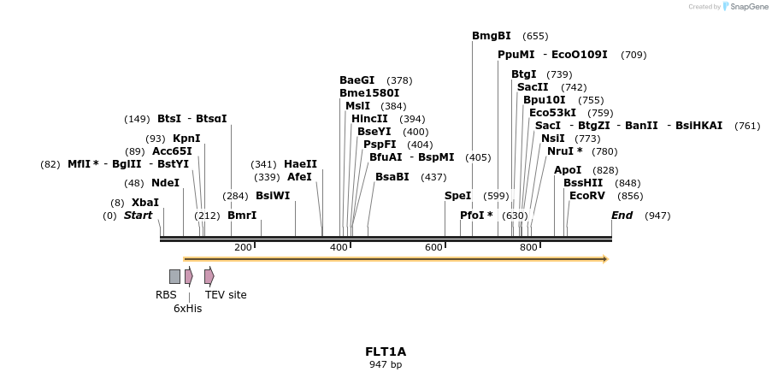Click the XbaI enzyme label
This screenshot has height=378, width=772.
(144, 203)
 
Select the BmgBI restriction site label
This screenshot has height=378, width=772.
(491, 36)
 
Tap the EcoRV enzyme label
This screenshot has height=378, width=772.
(586, 196)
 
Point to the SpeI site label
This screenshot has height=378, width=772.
(457, 196)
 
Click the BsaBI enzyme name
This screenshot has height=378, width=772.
(392, 177)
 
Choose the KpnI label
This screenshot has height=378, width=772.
(186, 139)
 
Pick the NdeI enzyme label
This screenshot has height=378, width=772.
(165, 183)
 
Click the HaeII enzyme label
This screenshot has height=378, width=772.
(300, 164)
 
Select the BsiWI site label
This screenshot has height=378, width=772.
(273, 196)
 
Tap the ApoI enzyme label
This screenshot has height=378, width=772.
(567, 170)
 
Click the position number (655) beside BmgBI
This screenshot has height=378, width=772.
(535, 36)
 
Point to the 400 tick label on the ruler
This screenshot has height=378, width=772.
(339, 248)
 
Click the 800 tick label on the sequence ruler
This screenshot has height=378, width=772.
(528, 248)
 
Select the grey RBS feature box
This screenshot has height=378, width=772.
(174, 276)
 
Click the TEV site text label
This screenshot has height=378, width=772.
(226, 295)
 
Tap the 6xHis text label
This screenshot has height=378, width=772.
(187, 309)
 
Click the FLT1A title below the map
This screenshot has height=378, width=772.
(386, 351)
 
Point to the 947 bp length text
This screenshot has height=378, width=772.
(386, 365)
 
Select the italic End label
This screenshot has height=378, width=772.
(622, 216)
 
